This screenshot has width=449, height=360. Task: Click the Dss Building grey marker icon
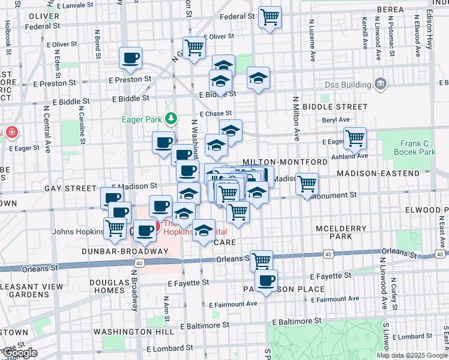pos(379,83)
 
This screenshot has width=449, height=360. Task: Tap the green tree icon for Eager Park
pos(172,119)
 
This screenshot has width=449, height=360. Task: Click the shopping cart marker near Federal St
pos(270,17)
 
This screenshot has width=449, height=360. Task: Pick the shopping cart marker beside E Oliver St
pos(194,47)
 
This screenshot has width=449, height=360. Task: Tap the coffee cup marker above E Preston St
pos(130,58)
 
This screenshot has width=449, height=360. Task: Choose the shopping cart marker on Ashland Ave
pos(355,138)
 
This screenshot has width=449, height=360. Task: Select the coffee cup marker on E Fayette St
pos(266,280)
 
